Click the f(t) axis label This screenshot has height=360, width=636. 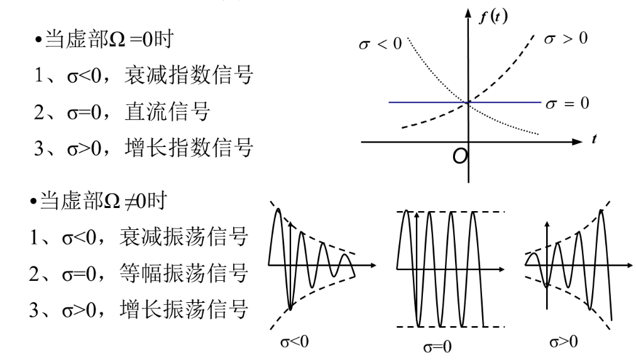click(x=493, y=16)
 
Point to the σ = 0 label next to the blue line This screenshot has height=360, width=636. click(x=567, y=102)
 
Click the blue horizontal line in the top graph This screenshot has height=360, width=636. click(x=427, y=101)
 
